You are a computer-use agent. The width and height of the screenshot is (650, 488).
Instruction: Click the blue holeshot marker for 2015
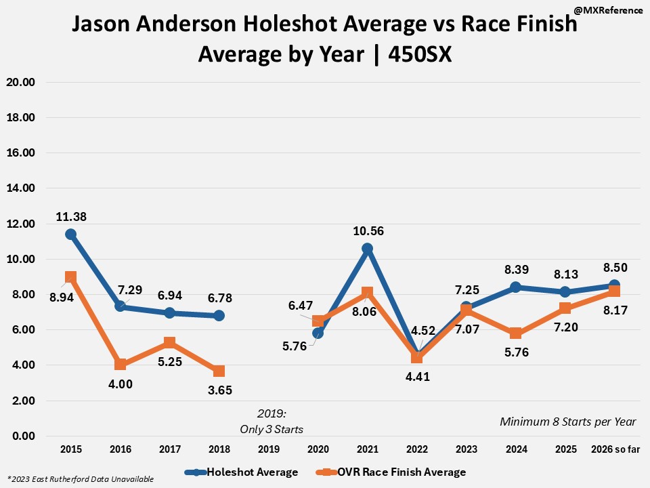(x=70, y=235)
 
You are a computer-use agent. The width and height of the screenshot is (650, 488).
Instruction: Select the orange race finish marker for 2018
(x=219, y=371)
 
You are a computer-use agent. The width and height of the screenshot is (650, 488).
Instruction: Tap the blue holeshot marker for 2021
(x=367, y=249)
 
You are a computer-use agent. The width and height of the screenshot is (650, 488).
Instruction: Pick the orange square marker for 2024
(x=515, y=333)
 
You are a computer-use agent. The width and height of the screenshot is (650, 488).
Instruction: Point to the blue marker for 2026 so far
(x=613, y=285)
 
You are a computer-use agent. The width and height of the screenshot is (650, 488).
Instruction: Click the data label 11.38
(x=70, y=217)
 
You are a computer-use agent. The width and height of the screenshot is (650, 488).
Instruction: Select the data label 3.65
(x=219, y=389)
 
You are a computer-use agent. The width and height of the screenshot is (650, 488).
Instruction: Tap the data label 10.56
(x=368, y=231)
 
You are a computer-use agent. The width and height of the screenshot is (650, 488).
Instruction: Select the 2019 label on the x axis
(x=268, y=449)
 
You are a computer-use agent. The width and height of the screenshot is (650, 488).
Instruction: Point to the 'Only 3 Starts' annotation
(x=272, y=429)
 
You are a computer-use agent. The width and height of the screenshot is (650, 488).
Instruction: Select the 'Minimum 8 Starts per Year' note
(x=568, y=422)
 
